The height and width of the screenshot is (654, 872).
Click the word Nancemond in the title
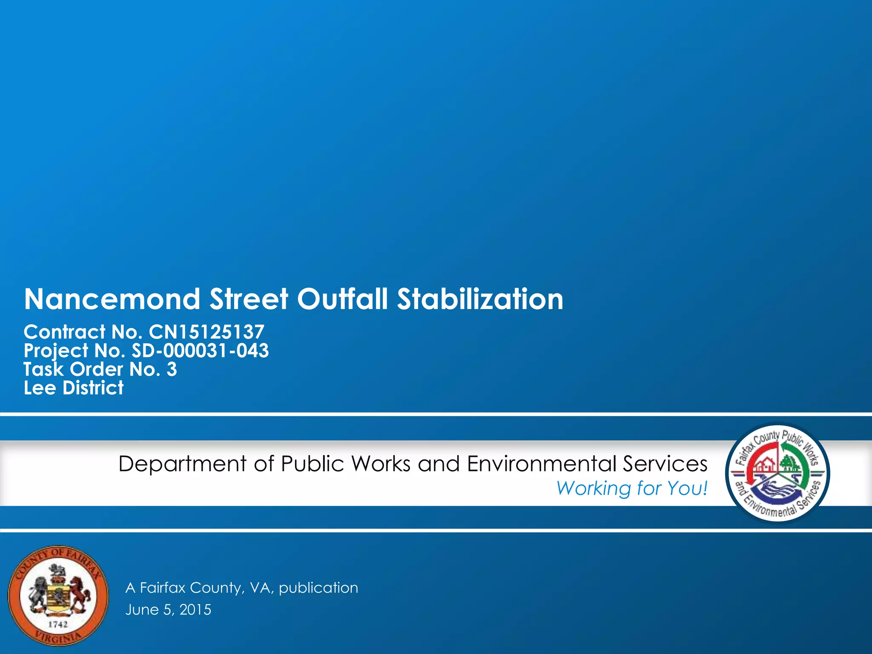pyautogui.click(x=112, y=299)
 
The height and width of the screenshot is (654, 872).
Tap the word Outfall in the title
pyautogui.click(x=342, y=299)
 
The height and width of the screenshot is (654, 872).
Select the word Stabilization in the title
pyautogui.click(x=480, y=299)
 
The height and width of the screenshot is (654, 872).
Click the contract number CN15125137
pyautogui.click(x=207, y=332)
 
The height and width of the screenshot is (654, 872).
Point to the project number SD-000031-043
pyautogui.click(x=200, y=350)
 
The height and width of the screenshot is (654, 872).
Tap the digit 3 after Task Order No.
pyautogui.click(x=172, y=369)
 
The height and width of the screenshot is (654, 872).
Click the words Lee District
pyautogui.click(x=74, y=388)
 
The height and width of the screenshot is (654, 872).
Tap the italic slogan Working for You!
pyautogui.click(x=632, y=488)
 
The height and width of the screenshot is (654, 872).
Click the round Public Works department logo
pyautogui.click(x=777, y=472)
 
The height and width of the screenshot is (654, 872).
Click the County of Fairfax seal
pyautogui.click(x=58, y=596)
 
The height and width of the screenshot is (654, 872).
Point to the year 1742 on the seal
pyautogui.click(x=58, y=624)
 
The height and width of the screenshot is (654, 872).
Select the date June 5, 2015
pyautogui.click(x=168, y=610)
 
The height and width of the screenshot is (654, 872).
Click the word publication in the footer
pyautogui.click(x=318, y=588)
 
